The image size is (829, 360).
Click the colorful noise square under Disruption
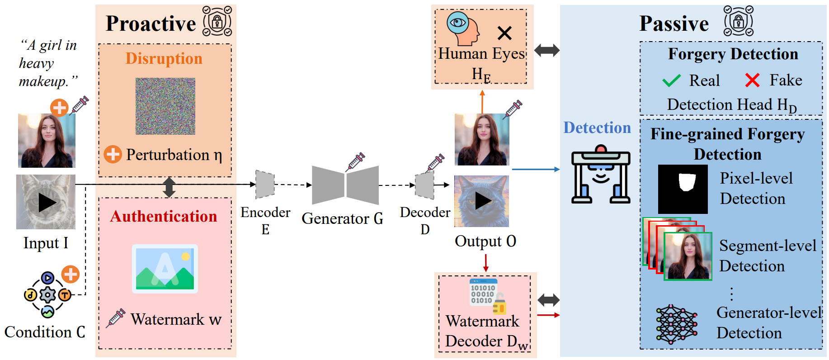coord(165,106)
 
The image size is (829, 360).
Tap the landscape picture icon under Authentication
coord(165,269)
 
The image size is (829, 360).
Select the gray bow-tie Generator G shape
coord(345,185)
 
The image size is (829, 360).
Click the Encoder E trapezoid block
coord(265,185)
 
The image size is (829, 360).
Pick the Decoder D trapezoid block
coord(424,185)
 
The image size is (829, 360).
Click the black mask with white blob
coord(683,189)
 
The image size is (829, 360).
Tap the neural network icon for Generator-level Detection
coord(677,325)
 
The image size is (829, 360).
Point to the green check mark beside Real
coord(671,81)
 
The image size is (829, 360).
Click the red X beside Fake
coord(752,80)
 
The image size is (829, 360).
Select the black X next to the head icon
coord(504,33)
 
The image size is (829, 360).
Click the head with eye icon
coord(463,28)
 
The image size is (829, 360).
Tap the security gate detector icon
coord(601,174)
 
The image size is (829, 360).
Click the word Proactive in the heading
coord(151,24)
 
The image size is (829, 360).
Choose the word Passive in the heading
coord(674,24)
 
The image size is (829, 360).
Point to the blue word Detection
coord(597,128)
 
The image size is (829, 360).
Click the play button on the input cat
coord(47,203)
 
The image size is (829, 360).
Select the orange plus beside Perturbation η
coord(113,154)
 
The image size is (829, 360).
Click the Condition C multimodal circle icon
coord(47,295)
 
